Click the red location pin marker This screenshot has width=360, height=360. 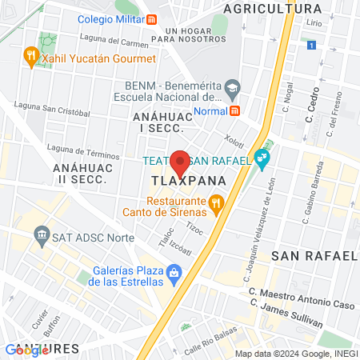[x=181, y=162]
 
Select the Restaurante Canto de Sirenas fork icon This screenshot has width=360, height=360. [x=215, y=206]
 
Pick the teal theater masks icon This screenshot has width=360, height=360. [x=261, y=160]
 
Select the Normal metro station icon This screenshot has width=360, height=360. [x=235, y=111]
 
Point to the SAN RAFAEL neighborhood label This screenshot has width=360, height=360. [x=313, y=256]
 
